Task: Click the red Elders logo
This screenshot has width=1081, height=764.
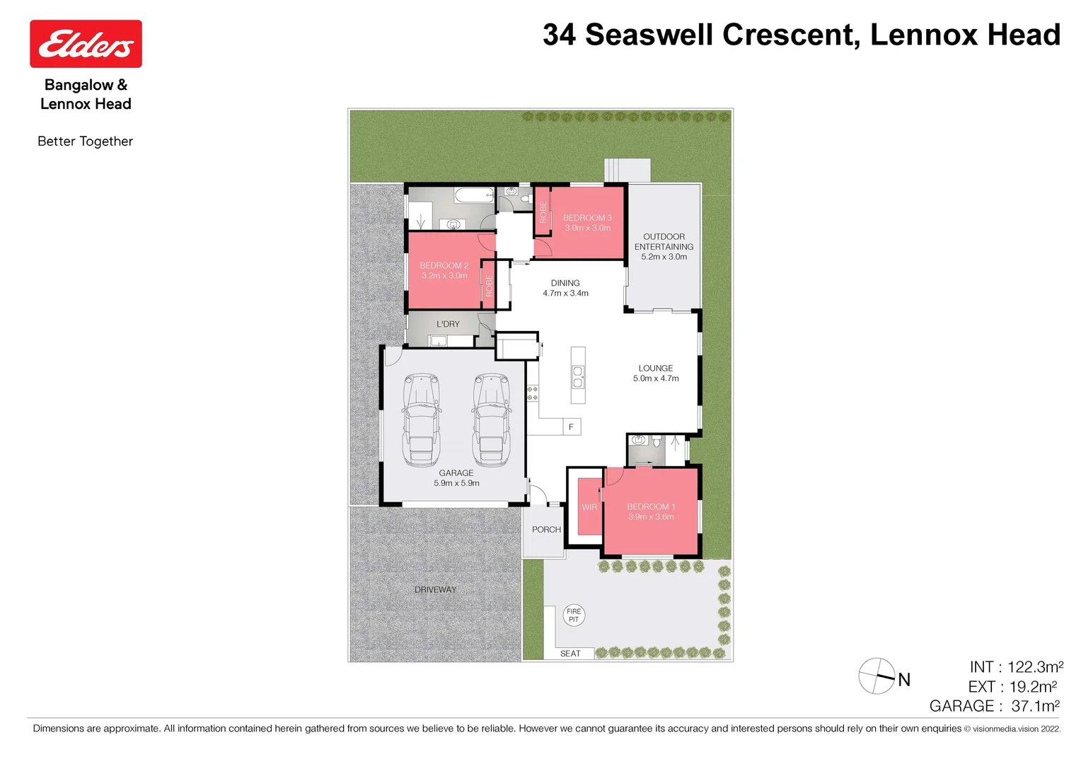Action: click(x=86, y=44)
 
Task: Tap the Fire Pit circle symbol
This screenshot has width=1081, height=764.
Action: click(x=574, y=615)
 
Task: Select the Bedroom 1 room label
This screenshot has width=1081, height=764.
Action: click(x=651, y=507)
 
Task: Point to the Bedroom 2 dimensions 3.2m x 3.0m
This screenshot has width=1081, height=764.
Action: click(x=444, y=276)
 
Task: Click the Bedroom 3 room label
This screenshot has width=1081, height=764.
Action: click(x=587, y=218)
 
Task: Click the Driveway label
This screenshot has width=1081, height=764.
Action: click(x=435, y=589)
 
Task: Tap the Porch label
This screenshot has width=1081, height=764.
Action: click(x=546, y=529)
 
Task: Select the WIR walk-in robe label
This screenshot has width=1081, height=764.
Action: click(x=589, y=507)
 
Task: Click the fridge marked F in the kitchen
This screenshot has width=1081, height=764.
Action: click(x=571, y=427)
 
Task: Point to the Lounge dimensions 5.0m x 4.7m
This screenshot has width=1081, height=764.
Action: click(x=656, y=378)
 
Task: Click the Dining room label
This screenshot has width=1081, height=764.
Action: click(x=565, y=283)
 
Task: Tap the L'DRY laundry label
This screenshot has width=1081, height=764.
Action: click(x=448, y=324)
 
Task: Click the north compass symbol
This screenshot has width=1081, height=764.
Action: click(x=877, y=676)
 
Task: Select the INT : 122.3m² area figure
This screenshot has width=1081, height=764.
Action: click(x=1016, y=667)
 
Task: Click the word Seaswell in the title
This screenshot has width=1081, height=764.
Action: click(x=649, y=35)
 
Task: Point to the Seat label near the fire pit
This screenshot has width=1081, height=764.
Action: click(x=570, y=654)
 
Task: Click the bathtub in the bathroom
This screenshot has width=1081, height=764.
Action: click(x=473, y=195)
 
